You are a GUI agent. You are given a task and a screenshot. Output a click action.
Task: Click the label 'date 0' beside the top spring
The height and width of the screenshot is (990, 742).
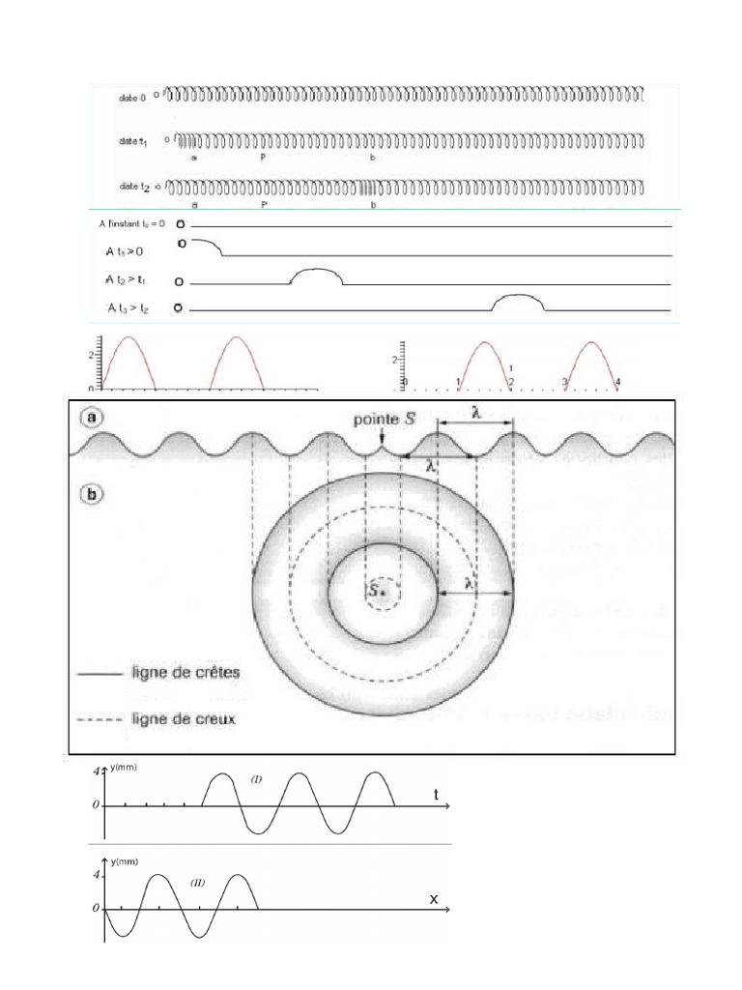pos(132,98)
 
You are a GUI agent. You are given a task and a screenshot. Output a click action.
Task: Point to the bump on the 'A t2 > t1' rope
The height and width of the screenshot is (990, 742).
pos(317,276)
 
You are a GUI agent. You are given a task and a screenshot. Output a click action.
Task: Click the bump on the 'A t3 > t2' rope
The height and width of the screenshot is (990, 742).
pos(517,301)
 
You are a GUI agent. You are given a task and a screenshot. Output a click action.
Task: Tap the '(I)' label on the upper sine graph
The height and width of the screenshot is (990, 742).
pos(256,779)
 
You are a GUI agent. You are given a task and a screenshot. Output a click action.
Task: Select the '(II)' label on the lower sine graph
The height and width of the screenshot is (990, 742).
pos(197,883)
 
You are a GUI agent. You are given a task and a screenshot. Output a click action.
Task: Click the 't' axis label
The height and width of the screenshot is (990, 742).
pos(436,795)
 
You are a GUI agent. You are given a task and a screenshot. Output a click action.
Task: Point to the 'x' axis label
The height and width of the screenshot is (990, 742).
pos(434,899)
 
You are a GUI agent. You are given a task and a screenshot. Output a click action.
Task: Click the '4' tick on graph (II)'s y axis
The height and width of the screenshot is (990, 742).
pos(96,874)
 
